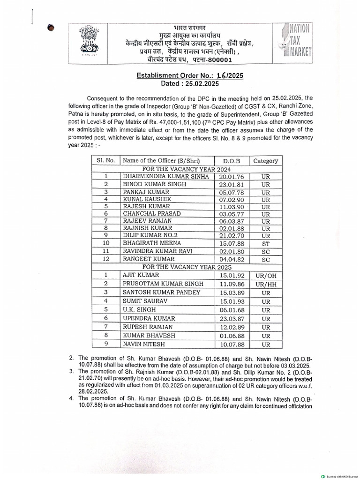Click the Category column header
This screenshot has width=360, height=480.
point(265,160)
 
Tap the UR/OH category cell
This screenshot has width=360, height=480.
point(265,275)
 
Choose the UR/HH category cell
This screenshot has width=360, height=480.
point(265,284)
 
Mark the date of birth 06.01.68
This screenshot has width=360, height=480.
point(231,310)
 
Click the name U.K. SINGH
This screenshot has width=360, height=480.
point(139,310)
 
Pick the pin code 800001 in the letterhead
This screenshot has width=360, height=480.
point(217,60)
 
